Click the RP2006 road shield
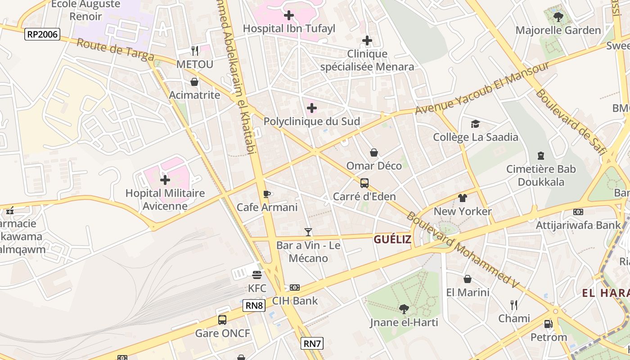click(42, 34)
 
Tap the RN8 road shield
click(254, 306)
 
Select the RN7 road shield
click(312, 344)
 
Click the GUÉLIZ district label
click(392, 239)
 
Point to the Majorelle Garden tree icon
click(558, 18)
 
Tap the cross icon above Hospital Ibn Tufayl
click(289, 16)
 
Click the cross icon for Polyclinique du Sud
click(311, 108)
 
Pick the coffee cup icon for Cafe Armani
click(267, 194)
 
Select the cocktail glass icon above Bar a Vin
click(308, 232)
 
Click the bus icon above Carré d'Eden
click(364, 183)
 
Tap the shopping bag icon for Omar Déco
click(374, 153)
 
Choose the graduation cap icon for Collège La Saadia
click(475, 124)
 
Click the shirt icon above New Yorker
click(463, 198)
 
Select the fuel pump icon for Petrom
click(548, 324)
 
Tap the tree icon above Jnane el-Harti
click(404, 309)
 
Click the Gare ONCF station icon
click(222, 320)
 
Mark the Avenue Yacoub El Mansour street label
click(482, 88)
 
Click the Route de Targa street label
click(115, 50)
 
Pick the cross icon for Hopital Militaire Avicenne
click(165, 180)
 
